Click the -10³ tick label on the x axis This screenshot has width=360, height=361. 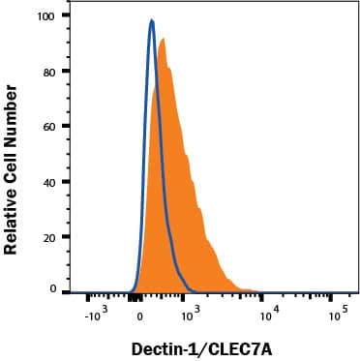tap(94, 314)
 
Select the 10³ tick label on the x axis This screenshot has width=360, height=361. tap(191, 312)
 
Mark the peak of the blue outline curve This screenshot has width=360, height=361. tap(152, 20)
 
